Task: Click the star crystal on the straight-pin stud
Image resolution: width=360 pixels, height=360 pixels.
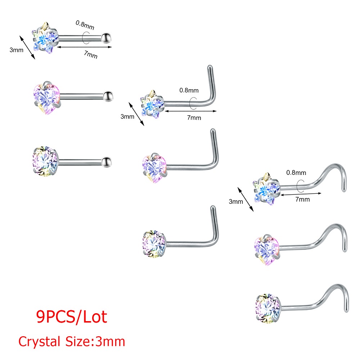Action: [45, 38]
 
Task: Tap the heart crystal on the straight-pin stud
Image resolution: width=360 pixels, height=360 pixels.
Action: [47, 98]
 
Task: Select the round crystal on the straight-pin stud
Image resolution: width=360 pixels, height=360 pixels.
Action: [45, 161]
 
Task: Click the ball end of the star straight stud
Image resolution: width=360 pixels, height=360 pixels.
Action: [107, 38]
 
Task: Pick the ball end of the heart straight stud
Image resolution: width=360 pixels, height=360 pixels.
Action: [108, 96]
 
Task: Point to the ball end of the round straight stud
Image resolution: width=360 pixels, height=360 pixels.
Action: [107, 162]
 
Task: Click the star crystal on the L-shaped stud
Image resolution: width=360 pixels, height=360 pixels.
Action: [152, 105]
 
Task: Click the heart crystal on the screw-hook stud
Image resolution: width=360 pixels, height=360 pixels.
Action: [267, 250]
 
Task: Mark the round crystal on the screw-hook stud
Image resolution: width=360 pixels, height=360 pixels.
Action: [268, 308]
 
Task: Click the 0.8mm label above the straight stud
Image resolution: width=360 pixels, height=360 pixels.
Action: [85, 25]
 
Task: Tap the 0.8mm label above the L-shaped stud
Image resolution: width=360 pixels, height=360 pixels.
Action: [189, 90]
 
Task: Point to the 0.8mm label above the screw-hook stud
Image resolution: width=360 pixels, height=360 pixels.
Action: [296, 173]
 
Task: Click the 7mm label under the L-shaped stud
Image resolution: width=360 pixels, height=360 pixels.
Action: [194, 118]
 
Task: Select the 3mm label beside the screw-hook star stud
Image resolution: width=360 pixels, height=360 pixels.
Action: [236, 202]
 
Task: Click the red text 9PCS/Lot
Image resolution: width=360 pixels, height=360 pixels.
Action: [72, 317]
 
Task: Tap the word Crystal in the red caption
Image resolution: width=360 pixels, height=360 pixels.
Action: [39, 341]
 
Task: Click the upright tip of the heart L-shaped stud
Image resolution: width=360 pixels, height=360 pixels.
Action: [213, 130]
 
